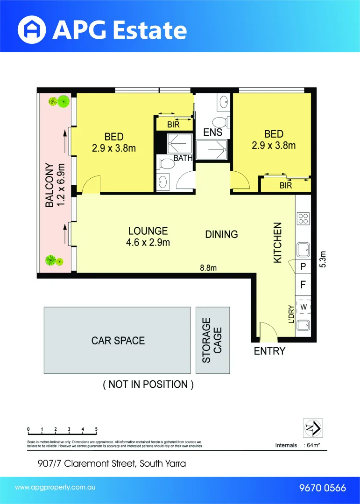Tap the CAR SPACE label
(118, 341)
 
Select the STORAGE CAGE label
(212, 340)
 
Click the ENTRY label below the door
(269, 351)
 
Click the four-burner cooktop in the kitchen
(303, 219)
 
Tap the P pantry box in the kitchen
(303, 267)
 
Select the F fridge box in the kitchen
(303, 284)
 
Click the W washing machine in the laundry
(303, 307)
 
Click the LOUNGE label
(148, 231)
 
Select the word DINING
(221, 234)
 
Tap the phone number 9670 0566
(322, 488)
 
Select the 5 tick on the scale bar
(96, 429)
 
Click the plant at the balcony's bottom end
(51, 260)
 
